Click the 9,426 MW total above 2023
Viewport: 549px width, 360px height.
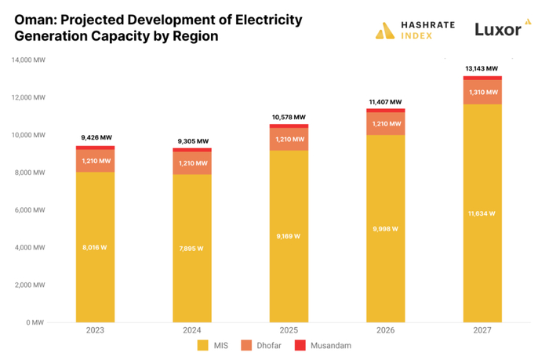coord(96,139)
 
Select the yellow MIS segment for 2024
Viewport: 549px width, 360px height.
coord(192,259)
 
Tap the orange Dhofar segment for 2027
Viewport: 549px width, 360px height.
coord(482,93)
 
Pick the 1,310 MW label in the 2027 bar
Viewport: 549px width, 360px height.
coord(482,93)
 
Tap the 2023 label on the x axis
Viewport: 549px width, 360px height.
coord(96,330)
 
